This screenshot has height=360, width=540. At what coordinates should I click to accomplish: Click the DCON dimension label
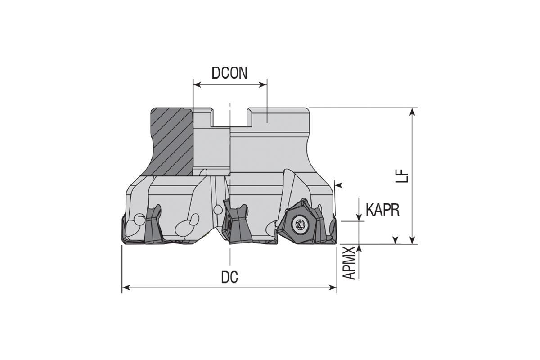[229, 73]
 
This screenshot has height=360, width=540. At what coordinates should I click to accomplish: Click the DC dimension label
[229, 277]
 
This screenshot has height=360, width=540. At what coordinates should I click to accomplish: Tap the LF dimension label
[402, 175]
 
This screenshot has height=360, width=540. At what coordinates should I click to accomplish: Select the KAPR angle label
[382, 210]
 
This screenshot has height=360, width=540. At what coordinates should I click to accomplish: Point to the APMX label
[349, 263]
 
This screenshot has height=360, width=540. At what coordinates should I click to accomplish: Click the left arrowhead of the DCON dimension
[197, 85]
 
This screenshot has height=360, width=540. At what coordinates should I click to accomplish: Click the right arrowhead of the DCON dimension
[263, 85]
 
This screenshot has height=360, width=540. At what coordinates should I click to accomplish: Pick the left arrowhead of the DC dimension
[126, 288]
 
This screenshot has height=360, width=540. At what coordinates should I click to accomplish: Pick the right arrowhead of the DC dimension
[333, 288]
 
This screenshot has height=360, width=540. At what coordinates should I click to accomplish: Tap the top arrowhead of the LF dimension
[413, 112]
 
